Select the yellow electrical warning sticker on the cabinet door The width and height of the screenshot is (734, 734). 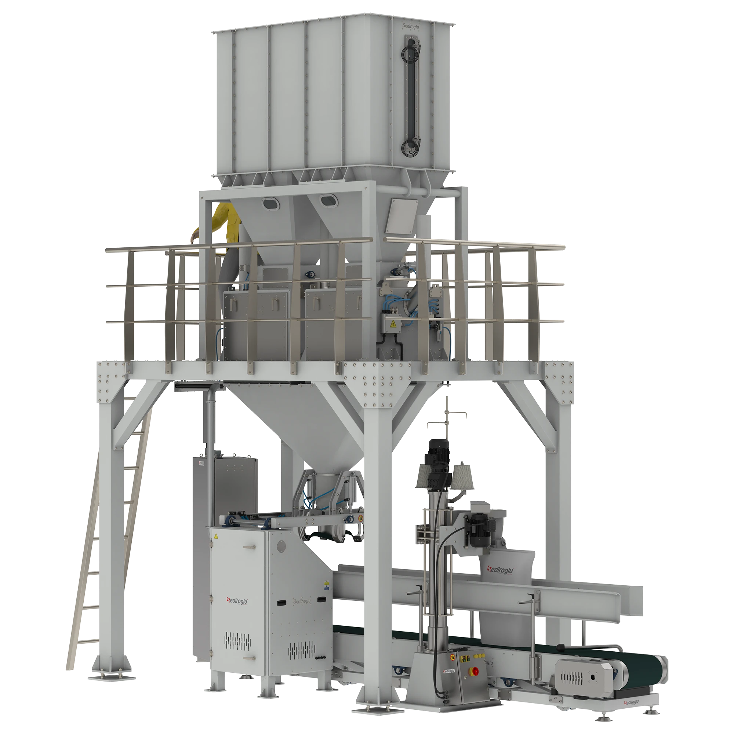(x=216, y=536)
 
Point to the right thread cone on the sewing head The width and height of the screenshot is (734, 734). (x=462, y=475)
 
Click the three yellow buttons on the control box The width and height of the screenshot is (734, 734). (x=465, y=659)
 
